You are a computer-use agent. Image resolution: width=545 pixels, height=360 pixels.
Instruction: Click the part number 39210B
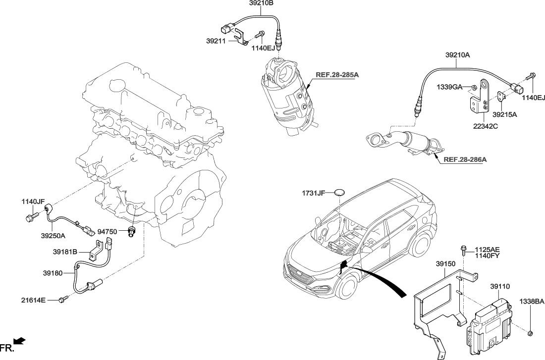261,3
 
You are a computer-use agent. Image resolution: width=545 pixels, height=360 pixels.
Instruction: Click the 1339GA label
449,87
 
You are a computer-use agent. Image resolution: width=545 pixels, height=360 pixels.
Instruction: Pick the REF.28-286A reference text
465,159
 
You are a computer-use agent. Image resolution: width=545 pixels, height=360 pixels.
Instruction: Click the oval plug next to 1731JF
339,193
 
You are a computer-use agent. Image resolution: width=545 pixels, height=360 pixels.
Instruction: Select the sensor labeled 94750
131,231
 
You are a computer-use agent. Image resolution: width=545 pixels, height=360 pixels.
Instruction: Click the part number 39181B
65,252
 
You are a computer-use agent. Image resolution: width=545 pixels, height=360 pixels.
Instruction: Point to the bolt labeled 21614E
62,299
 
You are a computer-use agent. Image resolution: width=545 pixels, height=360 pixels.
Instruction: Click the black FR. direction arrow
19,340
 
